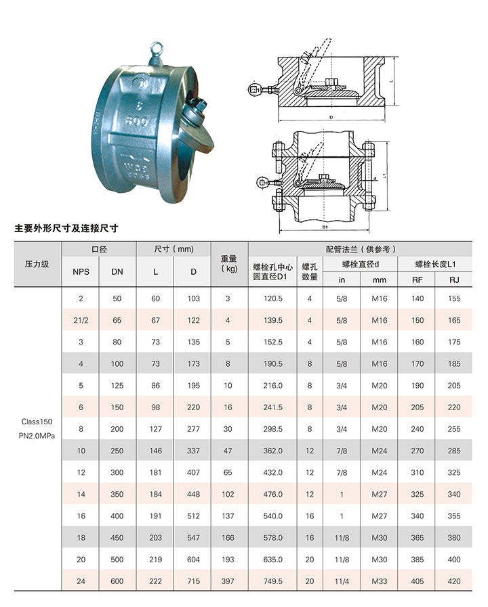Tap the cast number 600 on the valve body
pyautogui.click(x=136, y=120)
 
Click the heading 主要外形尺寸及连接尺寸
pyautogui.click(x=66, y=228)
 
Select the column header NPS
pyautogui.click(x=81, y=272)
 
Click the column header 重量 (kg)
pyautogui.click(x=228, y=264)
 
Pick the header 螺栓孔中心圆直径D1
pyautogui.click(x=273, y=272)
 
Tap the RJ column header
pyautogui.click(x=454, y=280)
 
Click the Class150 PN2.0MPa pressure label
pyautogui.click(x=37, y=428)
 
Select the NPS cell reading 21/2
pyautogui.click(x=81, y=320)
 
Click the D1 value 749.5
pyautogui.click(x=273, y=581)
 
